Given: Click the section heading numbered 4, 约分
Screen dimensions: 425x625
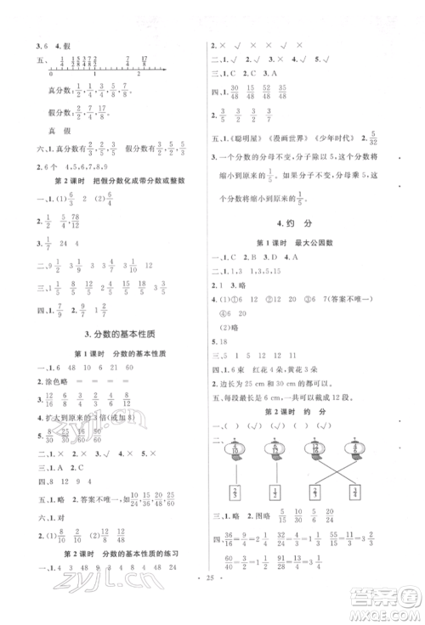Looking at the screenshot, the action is click(304, 224).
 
